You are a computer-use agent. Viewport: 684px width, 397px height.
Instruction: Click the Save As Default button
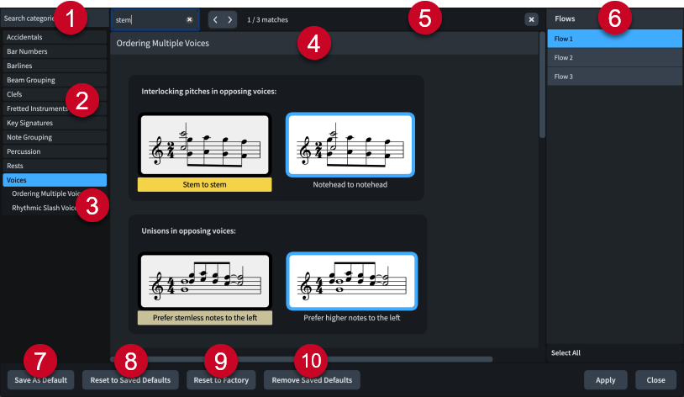tap(41, 380)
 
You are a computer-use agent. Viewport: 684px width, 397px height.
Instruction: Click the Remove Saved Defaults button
tap(313, 380)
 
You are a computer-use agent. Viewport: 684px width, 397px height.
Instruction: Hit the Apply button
tap(605, 380)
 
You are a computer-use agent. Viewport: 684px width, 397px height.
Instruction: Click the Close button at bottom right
tap(655, 380)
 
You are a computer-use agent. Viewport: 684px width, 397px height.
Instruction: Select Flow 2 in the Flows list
tap(613, 58)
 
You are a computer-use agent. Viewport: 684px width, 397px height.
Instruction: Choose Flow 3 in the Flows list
tap(613, 77)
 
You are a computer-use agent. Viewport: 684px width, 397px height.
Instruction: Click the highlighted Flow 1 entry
tap(613, 40)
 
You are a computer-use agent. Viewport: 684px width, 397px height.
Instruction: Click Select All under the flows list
tap(566, 353)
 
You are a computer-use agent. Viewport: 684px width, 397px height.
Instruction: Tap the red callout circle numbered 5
tap(424, 19)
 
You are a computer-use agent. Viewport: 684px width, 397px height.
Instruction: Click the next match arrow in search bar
tap(230, 19)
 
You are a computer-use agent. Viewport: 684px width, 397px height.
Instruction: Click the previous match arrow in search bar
tap(214, 19)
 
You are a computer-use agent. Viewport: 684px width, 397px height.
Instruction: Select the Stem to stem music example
tap(204, 144)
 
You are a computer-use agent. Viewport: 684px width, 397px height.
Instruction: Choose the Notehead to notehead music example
tap(350, 144)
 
